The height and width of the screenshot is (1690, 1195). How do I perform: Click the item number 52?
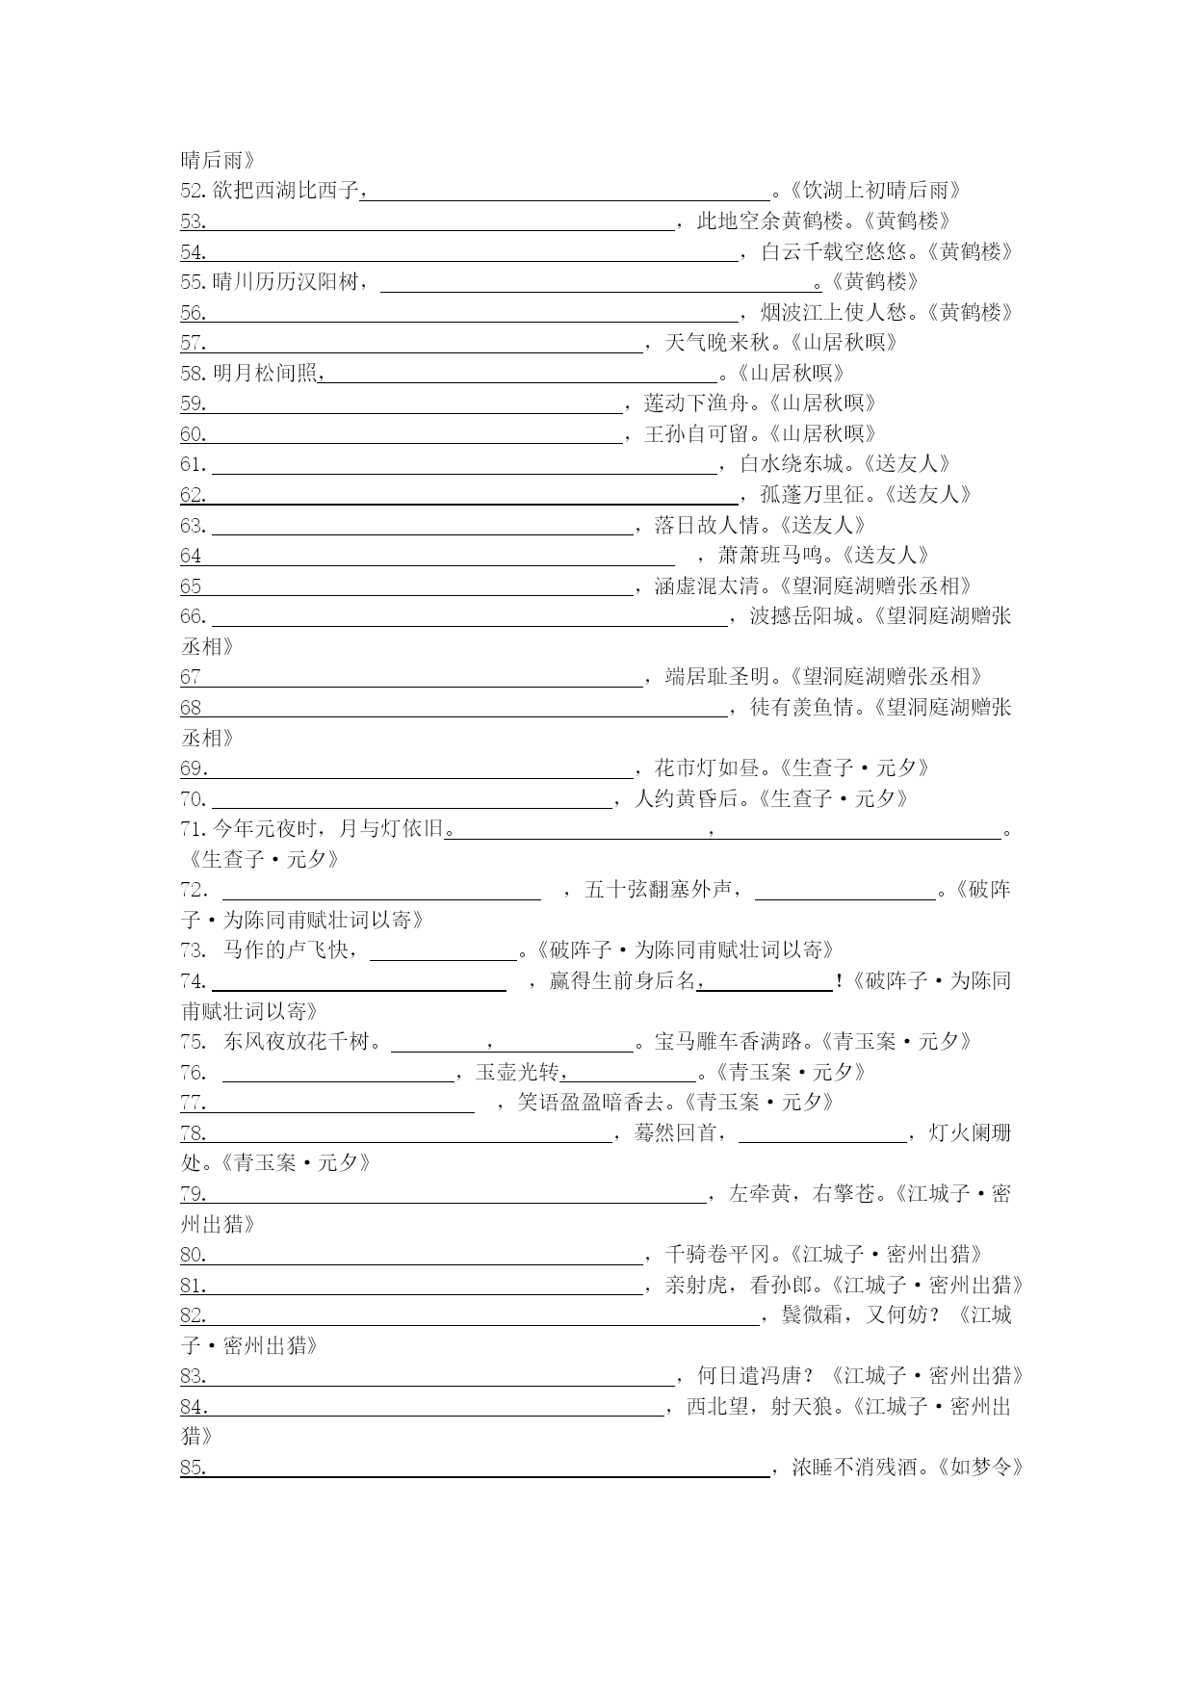tap(194, 191)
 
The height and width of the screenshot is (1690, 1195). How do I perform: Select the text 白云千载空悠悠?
tap(834, 252)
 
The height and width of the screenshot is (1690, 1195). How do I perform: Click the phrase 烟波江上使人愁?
tap(834, 313)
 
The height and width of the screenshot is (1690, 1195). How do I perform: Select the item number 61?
tap(194, 465)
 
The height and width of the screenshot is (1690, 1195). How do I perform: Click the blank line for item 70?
tap(411, 805)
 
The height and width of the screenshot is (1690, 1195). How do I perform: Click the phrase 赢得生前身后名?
tap(622, 981)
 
